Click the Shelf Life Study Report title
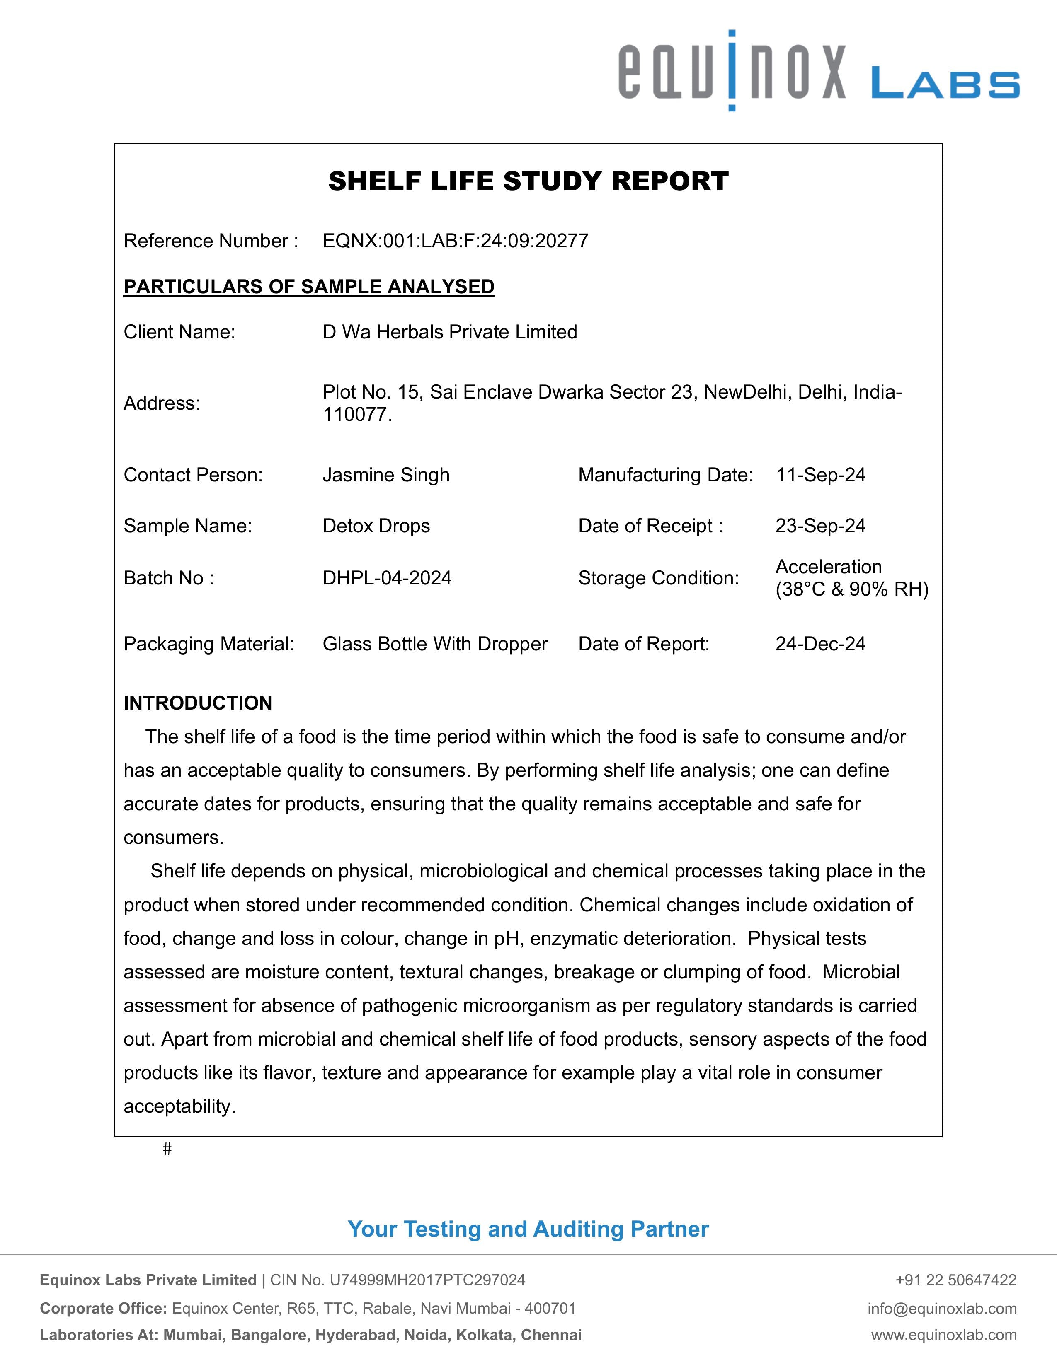(x=528, y=181)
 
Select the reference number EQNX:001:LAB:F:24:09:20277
(x=455, y=241)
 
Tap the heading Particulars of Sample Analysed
(x=309, y=287)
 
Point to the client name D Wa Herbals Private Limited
(x=450, y=332)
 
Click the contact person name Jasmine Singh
(x=386, y=475)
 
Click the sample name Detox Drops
(x=376, y=526)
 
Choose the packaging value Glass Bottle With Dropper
(x=434, y=644)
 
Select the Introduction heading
(x=198, y=703)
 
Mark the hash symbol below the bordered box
(x=167, y=1149)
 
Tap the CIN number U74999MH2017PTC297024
(x=427, y=1280)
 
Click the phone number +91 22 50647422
(x=955, y=1280)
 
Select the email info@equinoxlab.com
(x=942, y=1308)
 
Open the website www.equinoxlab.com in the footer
(x=944, y=1335)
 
